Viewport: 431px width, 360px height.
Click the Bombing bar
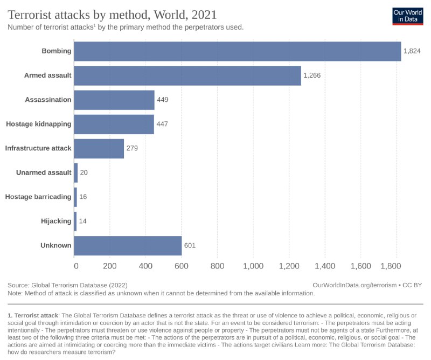[x=237, y=51]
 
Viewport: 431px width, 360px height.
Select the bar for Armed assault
[x=187, y=75]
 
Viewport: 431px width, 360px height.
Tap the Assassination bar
[x=114, y=100]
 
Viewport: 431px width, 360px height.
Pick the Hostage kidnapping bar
[x=114, y=124]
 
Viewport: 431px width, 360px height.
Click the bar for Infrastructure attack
[x=99, y=148]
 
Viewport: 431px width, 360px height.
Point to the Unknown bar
[x=128, y=245]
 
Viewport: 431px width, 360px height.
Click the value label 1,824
[x=412, y=51]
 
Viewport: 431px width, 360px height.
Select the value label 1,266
[x=312, y=75]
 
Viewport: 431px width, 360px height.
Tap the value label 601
[x=189, y=246]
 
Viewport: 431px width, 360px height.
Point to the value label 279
[x=132, y=148]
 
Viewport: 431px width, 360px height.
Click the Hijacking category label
[x=56, y=221]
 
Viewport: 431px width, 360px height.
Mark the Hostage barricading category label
[x=38, y=197]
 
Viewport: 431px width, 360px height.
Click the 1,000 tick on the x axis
[x=253, y=266]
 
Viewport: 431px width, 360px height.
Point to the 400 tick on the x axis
[x=146, y=266]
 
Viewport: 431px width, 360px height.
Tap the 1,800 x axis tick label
[x=395, y=266]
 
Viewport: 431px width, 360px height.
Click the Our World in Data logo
[x=407, y=15]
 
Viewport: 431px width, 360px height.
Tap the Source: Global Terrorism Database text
[x=67, y=285]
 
